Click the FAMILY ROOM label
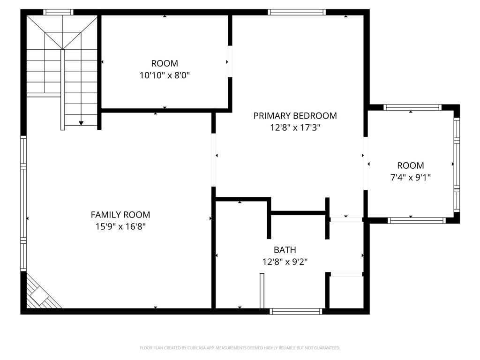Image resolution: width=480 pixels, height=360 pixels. coord(120,215)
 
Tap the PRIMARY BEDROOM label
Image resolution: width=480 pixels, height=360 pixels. coord(295,116)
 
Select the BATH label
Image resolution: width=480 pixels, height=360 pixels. coord(285,250)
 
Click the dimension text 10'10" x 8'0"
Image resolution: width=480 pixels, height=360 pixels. coord(165,75)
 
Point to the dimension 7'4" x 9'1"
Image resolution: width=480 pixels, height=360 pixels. coord(411,177)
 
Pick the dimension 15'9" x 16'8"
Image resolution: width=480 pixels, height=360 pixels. coord(120,226)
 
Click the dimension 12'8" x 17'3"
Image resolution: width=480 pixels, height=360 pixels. coord(295,127)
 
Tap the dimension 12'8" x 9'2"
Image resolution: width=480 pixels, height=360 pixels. coord(285,262)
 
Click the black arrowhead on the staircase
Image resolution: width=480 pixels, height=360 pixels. coord(81,123)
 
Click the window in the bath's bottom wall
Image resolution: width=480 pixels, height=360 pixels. coord(296,311)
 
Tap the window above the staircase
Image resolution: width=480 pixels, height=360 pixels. coord(58,12)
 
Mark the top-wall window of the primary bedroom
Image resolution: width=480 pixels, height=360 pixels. coord(297,12)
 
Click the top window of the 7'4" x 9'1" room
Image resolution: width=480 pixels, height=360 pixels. coord(412,107)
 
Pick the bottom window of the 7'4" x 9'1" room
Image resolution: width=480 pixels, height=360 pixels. coord(417,220)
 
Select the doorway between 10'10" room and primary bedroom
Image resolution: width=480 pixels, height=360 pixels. coord(230,61)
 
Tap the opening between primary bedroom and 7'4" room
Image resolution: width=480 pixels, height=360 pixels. coord(366,164)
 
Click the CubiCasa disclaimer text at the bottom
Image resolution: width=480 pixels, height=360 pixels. coord(240,348)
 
